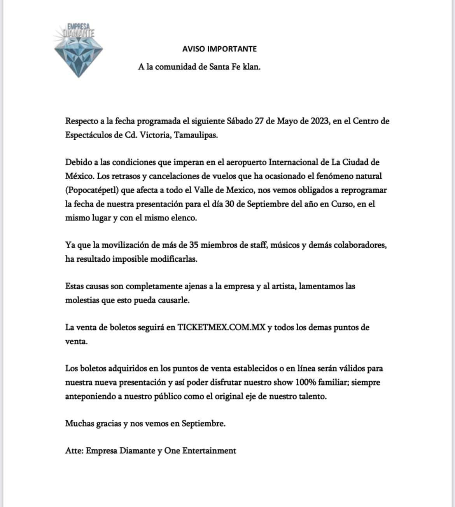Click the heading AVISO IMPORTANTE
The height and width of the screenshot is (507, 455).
[219, 49]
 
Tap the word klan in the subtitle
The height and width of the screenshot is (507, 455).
[251, 67]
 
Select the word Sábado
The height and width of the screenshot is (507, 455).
[239, 121]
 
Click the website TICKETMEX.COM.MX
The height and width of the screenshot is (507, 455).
[221, 327]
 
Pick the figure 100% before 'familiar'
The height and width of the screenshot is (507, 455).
[307, 382]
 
